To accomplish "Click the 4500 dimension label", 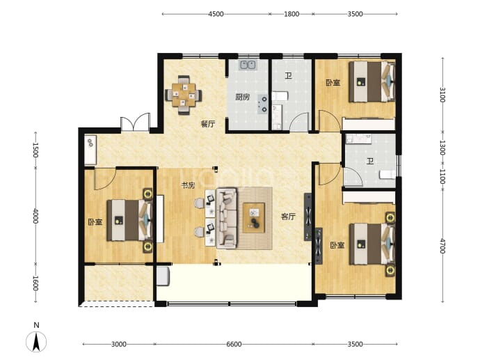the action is pos(216,14).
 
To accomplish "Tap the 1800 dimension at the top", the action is pos(291,14).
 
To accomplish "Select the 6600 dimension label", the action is pos(234,344).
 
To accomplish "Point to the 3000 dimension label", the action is pos(119,344).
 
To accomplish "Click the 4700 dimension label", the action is pos(442,246).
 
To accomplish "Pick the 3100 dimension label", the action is pos(442,95).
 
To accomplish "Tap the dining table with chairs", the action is pos(184,95).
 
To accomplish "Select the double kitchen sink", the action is pos(248,65).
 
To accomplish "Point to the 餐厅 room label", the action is pos(208,124).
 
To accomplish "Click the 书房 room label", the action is pos(188,185).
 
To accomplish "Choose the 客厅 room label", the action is pos(288,217).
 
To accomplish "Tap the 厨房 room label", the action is pos(243,97).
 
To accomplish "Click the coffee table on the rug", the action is pos(254,218).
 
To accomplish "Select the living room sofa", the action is pos(227,219).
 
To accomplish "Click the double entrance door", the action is pos(136,123).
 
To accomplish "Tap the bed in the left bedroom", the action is pos(129,220).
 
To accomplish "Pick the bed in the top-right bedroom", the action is pos(372,81).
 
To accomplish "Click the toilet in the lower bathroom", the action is pos(387,175).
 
